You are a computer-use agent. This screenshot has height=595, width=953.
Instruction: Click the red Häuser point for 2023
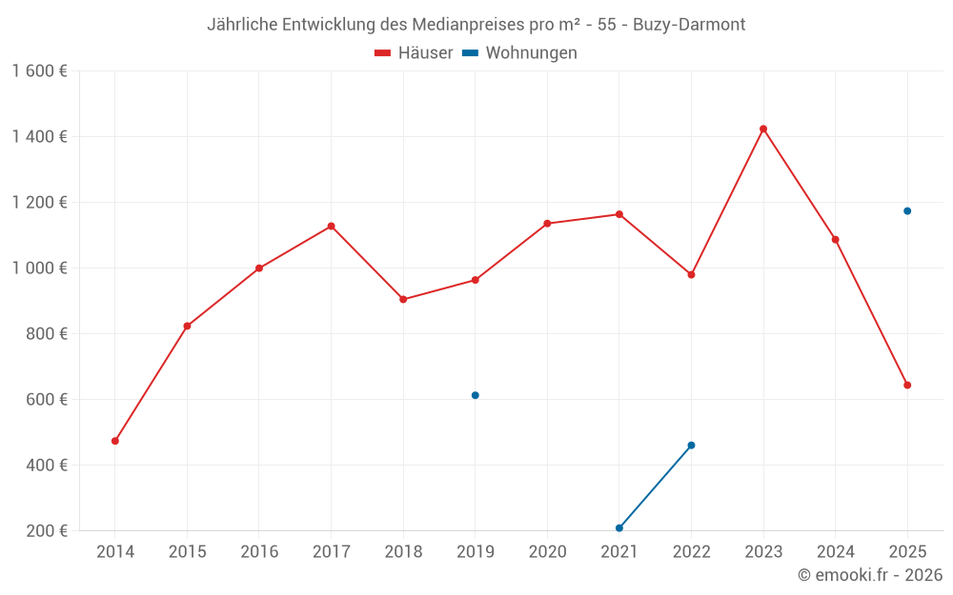click(763, 129)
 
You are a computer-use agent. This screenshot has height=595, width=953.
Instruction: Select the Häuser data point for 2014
click(115, 441)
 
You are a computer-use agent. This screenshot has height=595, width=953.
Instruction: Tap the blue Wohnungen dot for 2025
click(907, 210)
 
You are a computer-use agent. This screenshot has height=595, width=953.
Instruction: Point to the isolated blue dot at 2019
click(476, 395)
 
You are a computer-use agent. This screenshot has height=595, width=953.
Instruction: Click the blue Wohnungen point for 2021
click(619, 527)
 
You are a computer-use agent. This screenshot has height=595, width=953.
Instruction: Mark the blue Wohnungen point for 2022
click(691, 445)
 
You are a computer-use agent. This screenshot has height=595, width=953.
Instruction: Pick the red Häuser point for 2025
click(907, 385)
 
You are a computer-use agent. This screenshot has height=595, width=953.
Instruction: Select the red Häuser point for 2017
click(331, 226)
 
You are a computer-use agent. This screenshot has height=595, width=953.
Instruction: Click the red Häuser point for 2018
click(403, 299)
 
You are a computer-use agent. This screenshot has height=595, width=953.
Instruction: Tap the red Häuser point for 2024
click(835, 239)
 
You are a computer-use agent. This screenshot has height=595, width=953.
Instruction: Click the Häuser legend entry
click(415, 53)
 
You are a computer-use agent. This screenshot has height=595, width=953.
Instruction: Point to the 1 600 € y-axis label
click(39, 71)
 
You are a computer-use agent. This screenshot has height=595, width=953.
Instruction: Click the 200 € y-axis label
click(46, 531)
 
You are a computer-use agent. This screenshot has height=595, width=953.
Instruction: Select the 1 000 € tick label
click(39, 268)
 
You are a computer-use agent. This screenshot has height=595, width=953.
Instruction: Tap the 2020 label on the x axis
click(547, 552)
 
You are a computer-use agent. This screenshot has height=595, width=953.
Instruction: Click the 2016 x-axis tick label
click(259, 552)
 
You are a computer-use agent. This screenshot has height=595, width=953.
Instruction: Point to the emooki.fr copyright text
click(869, 575)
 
